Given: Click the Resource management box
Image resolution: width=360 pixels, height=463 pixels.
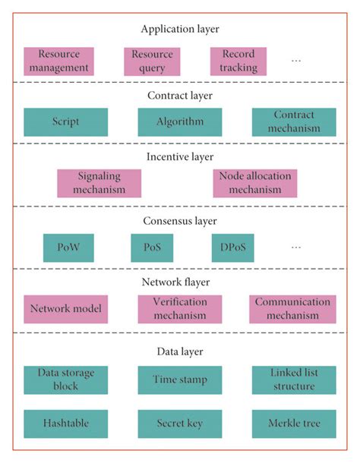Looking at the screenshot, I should click(58, 61).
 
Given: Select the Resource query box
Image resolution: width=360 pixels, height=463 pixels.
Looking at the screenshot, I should click(152, 61).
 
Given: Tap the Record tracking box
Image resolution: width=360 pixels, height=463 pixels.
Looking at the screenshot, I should click(238, 61).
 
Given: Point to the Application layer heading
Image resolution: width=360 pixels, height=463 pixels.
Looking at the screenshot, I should click(179, 29).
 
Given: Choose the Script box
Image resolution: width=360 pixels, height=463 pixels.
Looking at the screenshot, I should click(66, 121).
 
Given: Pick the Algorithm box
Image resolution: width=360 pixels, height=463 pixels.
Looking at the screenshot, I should click(180, 121).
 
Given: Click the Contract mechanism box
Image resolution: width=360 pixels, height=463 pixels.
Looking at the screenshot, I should click(292, 121).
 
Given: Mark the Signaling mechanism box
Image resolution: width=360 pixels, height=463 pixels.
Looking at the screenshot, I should click(99, 183).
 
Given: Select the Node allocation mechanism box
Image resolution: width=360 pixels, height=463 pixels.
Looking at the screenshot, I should click(255, 183).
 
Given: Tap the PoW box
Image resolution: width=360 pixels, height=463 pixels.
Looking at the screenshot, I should click(69, 247).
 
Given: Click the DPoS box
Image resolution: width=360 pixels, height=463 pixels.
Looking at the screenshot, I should click(232, 247).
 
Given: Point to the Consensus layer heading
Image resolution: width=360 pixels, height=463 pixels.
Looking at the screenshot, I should click(180, 222).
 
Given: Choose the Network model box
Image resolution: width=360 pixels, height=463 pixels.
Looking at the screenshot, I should click(65, 309).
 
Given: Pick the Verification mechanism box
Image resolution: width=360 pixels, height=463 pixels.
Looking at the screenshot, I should click(180, 309).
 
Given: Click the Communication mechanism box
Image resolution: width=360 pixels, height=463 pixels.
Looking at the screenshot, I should click(292, 309).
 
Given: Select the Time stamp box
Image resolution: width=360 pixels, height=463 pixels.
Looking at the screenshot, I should click(180, 380).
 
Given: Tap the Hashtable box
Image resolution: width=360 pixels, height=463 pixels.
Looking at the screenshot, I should click(65, 424).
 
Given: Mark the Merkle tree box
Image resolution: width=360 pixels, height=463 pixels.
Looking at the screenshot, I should click(292, 424).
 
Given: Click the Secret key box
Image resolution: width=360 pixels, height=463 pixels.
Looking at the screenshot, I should click(180, 424).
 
